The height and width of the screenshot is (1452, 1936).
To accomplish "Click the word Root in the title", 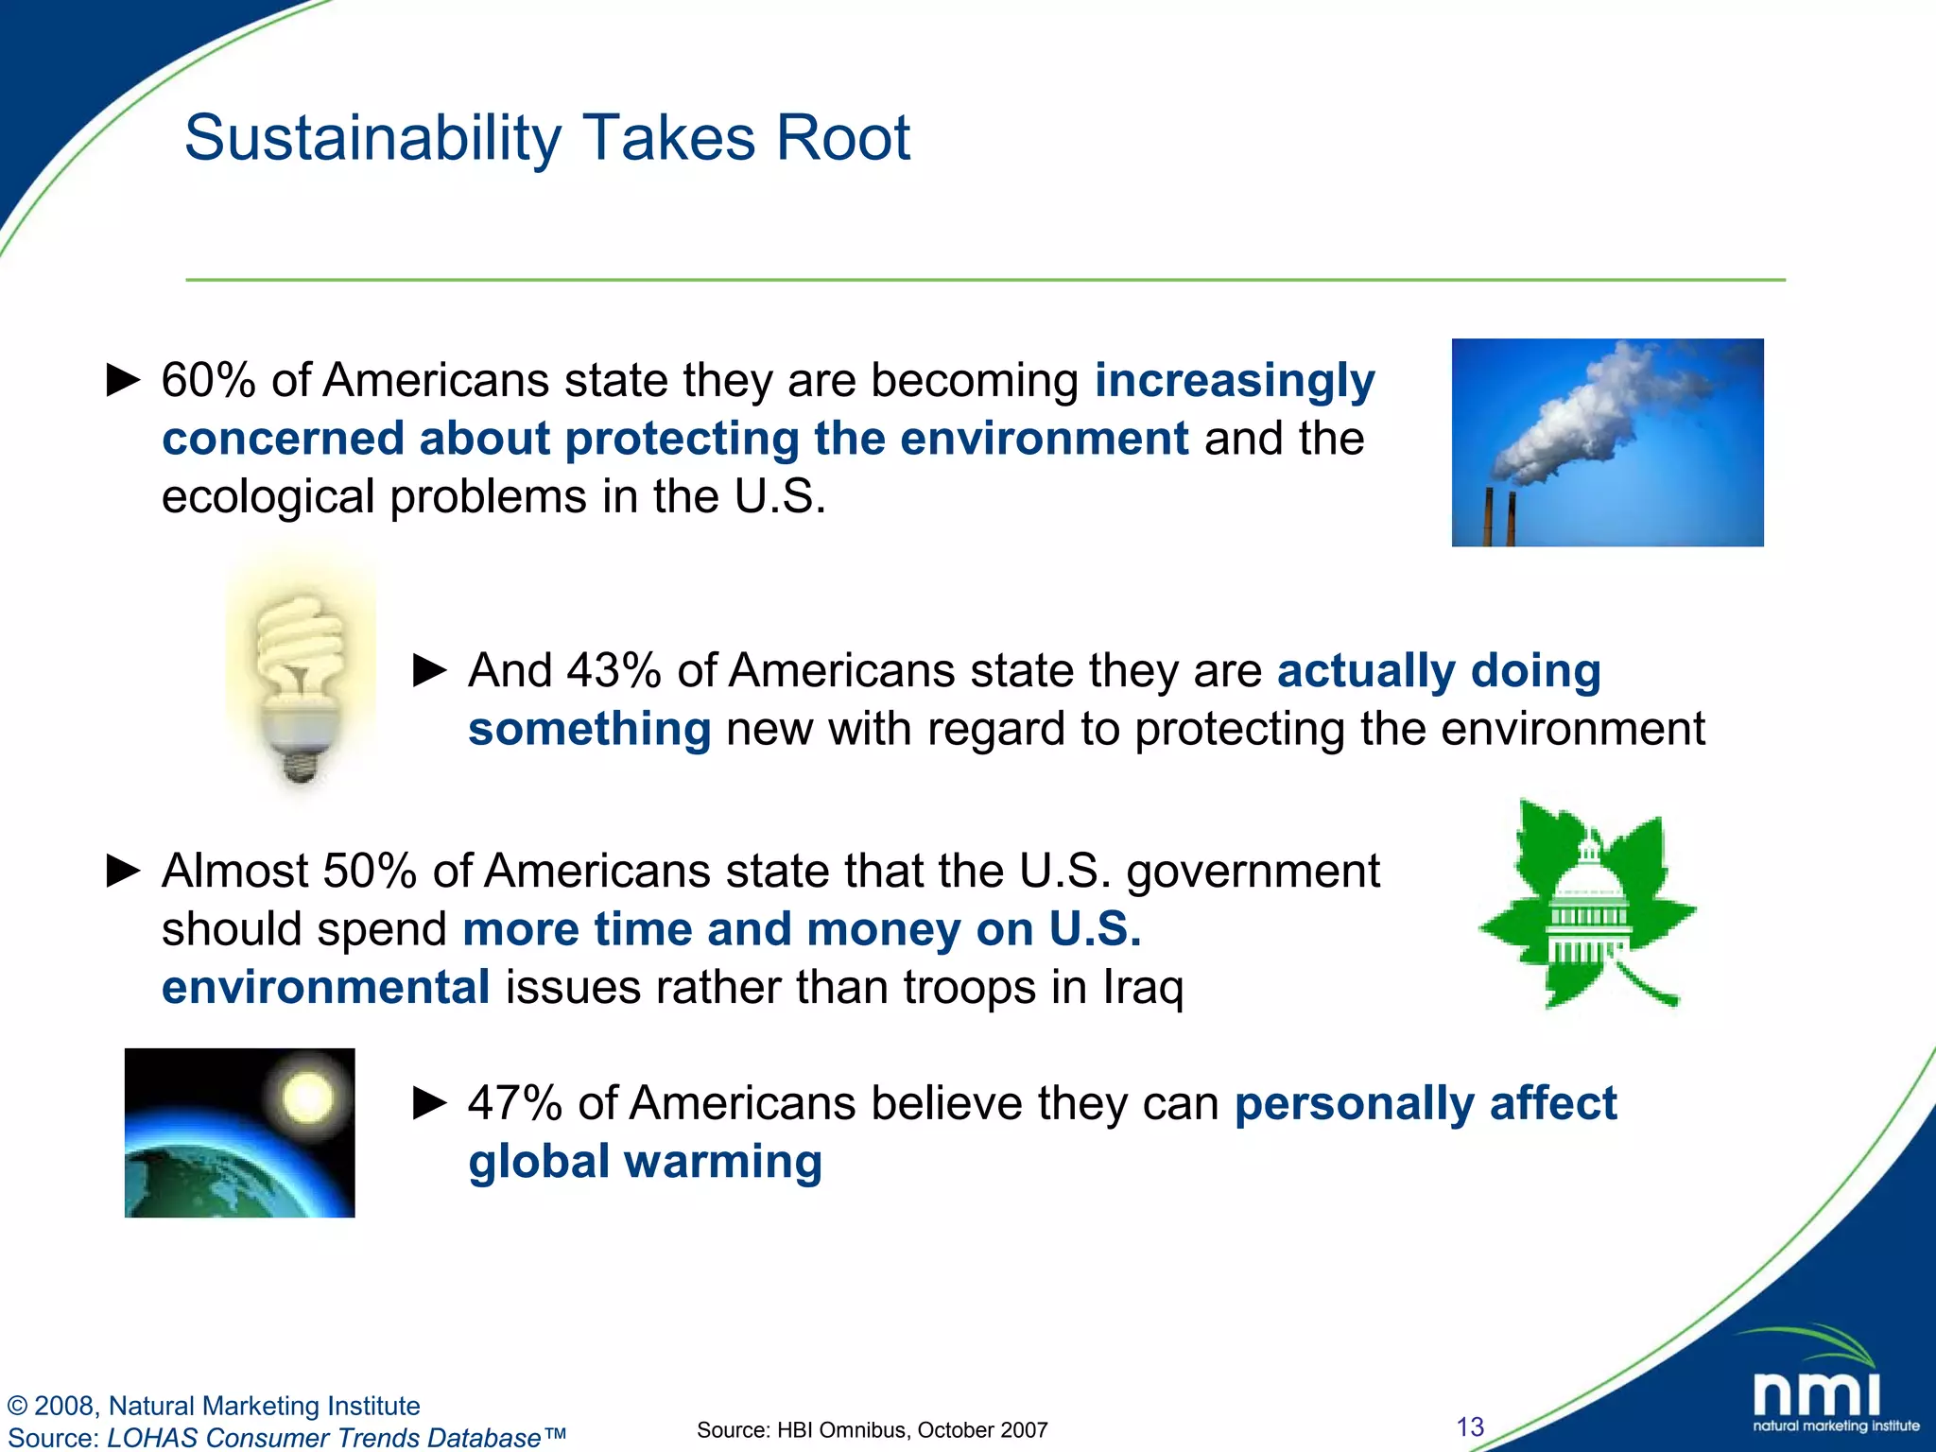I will pos(842,139).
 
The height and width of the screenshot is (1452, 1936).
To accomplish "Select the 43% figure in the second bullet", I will pos(614,671).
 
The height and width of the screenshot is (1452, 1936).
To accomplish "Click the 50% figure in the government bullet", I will pos(370,872).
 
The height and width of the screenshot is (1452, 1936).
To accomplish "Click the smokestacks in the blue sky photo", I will pos(1499,517).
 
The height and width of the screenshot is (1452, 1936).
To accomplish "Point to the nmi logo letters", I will pos(1816,1395).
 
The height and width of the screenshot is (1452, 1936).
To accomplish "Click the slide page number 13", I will pos(1470,1426).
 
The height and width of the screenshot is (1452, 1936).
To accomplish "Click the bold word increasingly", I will pos(1234,381).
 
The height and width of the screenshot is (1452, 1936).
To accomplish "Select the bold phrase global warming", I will pos(645,1163).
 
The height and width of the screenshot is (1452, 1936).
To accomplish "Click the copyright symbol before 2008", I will pos(17,1406).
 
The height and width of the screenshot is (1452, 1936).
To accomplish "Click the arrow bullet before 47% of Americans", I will pos(430,1102).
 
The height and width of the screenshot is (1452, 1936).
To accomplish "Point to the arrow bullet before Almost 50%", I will pos(123,871).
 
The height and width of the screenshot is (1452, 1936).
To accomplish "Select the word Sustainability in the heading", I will pos(372,139).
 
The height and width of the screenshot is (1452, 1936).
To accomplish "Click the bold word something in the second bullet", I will pos(589,730).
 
